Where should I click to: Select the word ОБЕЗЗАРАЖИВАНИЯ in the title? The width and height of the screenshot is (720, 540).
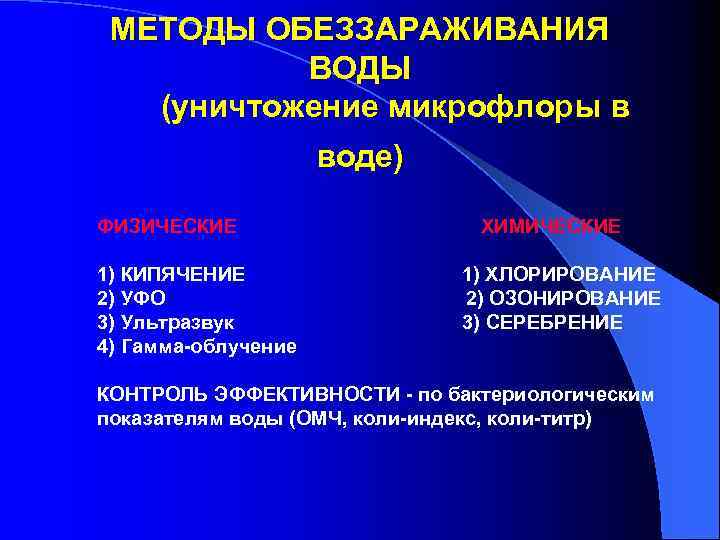point(436,29)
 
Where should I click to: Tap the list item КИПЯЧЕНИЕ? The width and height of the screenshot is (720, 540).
point(184,274)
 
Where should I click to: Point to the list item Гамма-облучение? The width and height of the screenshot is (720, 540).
point(209,347)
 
